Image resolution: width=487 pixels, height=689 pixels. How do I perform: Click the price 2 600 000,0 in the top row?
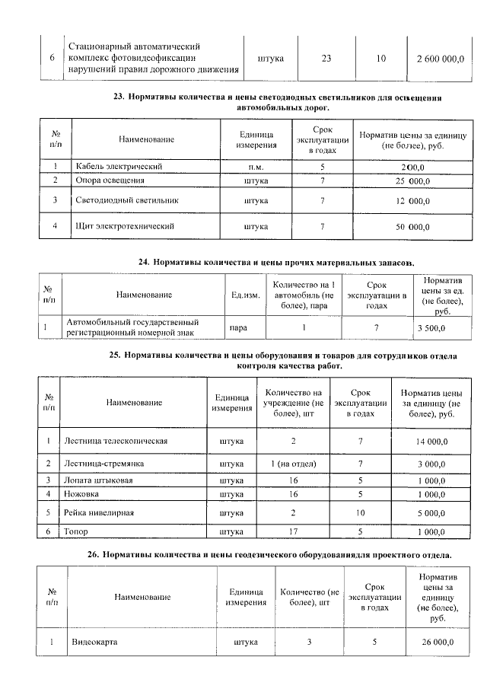click(440, 58)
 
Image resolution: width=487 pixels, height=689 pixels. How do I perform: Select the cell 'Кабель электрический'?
click(118, 166)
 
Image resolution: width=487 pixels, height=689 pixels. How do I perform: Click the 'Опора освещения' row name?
click(110, 180)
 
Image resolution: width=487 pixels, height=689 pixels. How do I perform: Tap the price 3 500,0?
click(431, 327)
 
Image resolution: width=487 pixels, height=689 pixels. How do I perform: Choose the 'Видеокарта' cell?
click(94, 642)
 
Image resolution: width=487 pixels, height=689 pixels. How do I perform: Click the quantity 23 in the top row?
click(326, 58)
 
